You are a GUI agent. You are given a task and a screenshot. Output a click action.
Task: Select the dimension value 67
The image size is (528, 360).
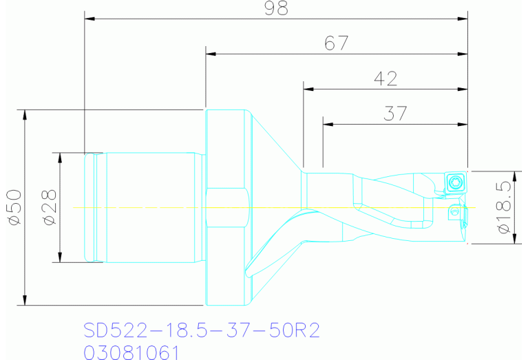336,43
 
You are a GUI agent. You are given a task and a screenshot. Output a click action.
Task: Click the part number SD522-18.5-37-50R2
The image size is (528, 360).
202,330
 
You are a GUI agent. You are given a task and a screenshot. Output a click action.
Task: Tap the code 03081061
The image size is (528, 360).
131,352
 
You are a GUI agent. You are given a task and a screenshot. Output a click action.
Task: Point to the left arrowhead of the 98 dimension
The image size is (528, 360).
89,19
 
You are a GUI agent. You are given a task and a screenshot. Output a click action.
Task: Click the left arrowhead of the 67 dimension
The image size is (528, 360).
211,54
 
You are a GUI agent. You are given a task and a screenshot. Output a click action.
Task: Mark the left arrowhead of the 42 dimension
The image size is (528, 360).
309,89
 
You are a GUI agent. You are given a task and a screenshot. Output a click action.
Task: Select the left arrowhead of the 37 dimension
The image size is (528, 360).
328,124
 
